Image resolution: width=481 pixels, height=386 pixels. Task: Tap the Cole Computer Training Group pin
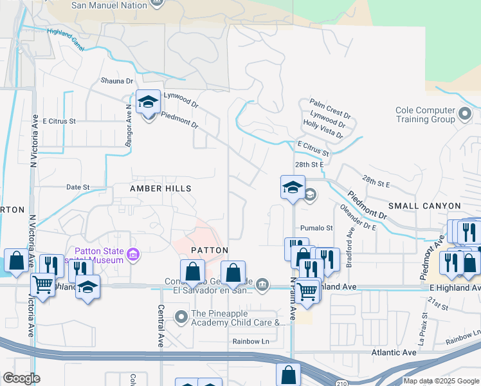coord(466,115)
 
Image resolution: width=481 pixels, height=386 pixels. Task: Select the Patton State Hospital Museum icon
coord(134,255)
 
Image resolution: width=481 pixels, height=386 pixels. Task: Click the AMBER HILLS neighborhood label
coord(161,188)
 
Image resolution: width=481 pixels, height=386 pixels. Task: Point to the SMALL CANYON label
coord(424,206)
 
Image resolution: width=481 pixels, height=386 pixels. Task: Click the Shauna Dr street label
coord(116,81)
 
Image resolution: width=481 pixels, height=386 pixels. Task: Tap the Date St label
coord(78,187)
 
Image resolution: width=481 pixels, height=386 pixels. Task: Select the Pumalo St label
coord(316,228)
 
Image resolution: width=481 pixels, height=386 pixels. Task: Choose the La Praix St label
coord(424,330)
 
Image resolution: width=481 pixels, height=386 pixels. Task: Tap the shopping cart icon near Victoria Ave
coord(43,282)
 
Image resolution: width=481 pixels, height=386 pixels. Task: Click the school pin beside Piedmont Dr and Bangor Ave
coord(148,102)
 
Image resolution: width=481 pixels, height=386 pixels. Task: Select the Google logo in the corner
coord(21,378)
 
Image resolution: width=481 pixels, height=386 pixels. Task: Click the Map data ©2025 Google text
coord(440,381)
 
